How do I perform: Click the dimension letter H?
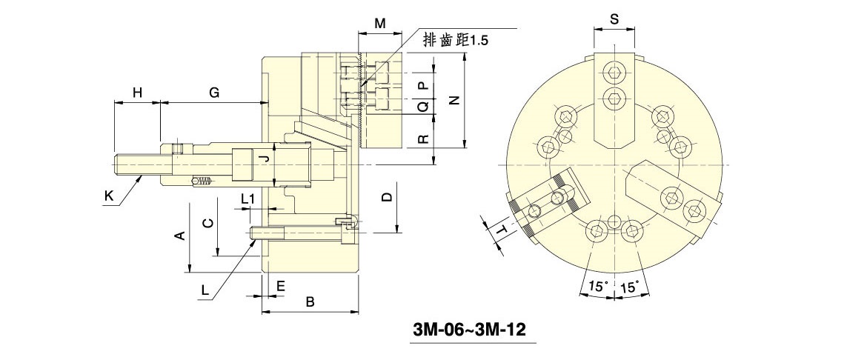pos(137,93)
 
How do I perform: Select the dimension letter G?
pos(213,93)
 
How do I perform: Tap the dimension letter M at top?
pos(379,24)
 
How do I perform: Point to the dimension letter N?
pos(455,100)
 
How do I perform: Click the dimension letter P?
pos(423,86)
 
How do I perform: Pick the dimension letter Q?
pos(423,107)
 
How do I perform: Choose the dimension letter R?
pos(423,139)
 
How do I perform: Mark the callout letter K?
pos(109,196)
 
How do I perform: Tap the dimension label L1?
pos(248,198)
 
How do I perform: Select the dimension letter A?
pos(179,236)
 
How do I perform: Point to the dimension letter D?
pos(385,197)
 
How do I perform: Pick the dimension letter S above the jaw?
pos(614,19)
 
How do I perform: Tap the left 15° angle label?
pos(597,285)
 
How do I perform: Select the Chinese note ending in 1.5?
pos(455,39)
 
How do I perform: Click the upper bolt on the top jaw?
pos(614,73)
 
